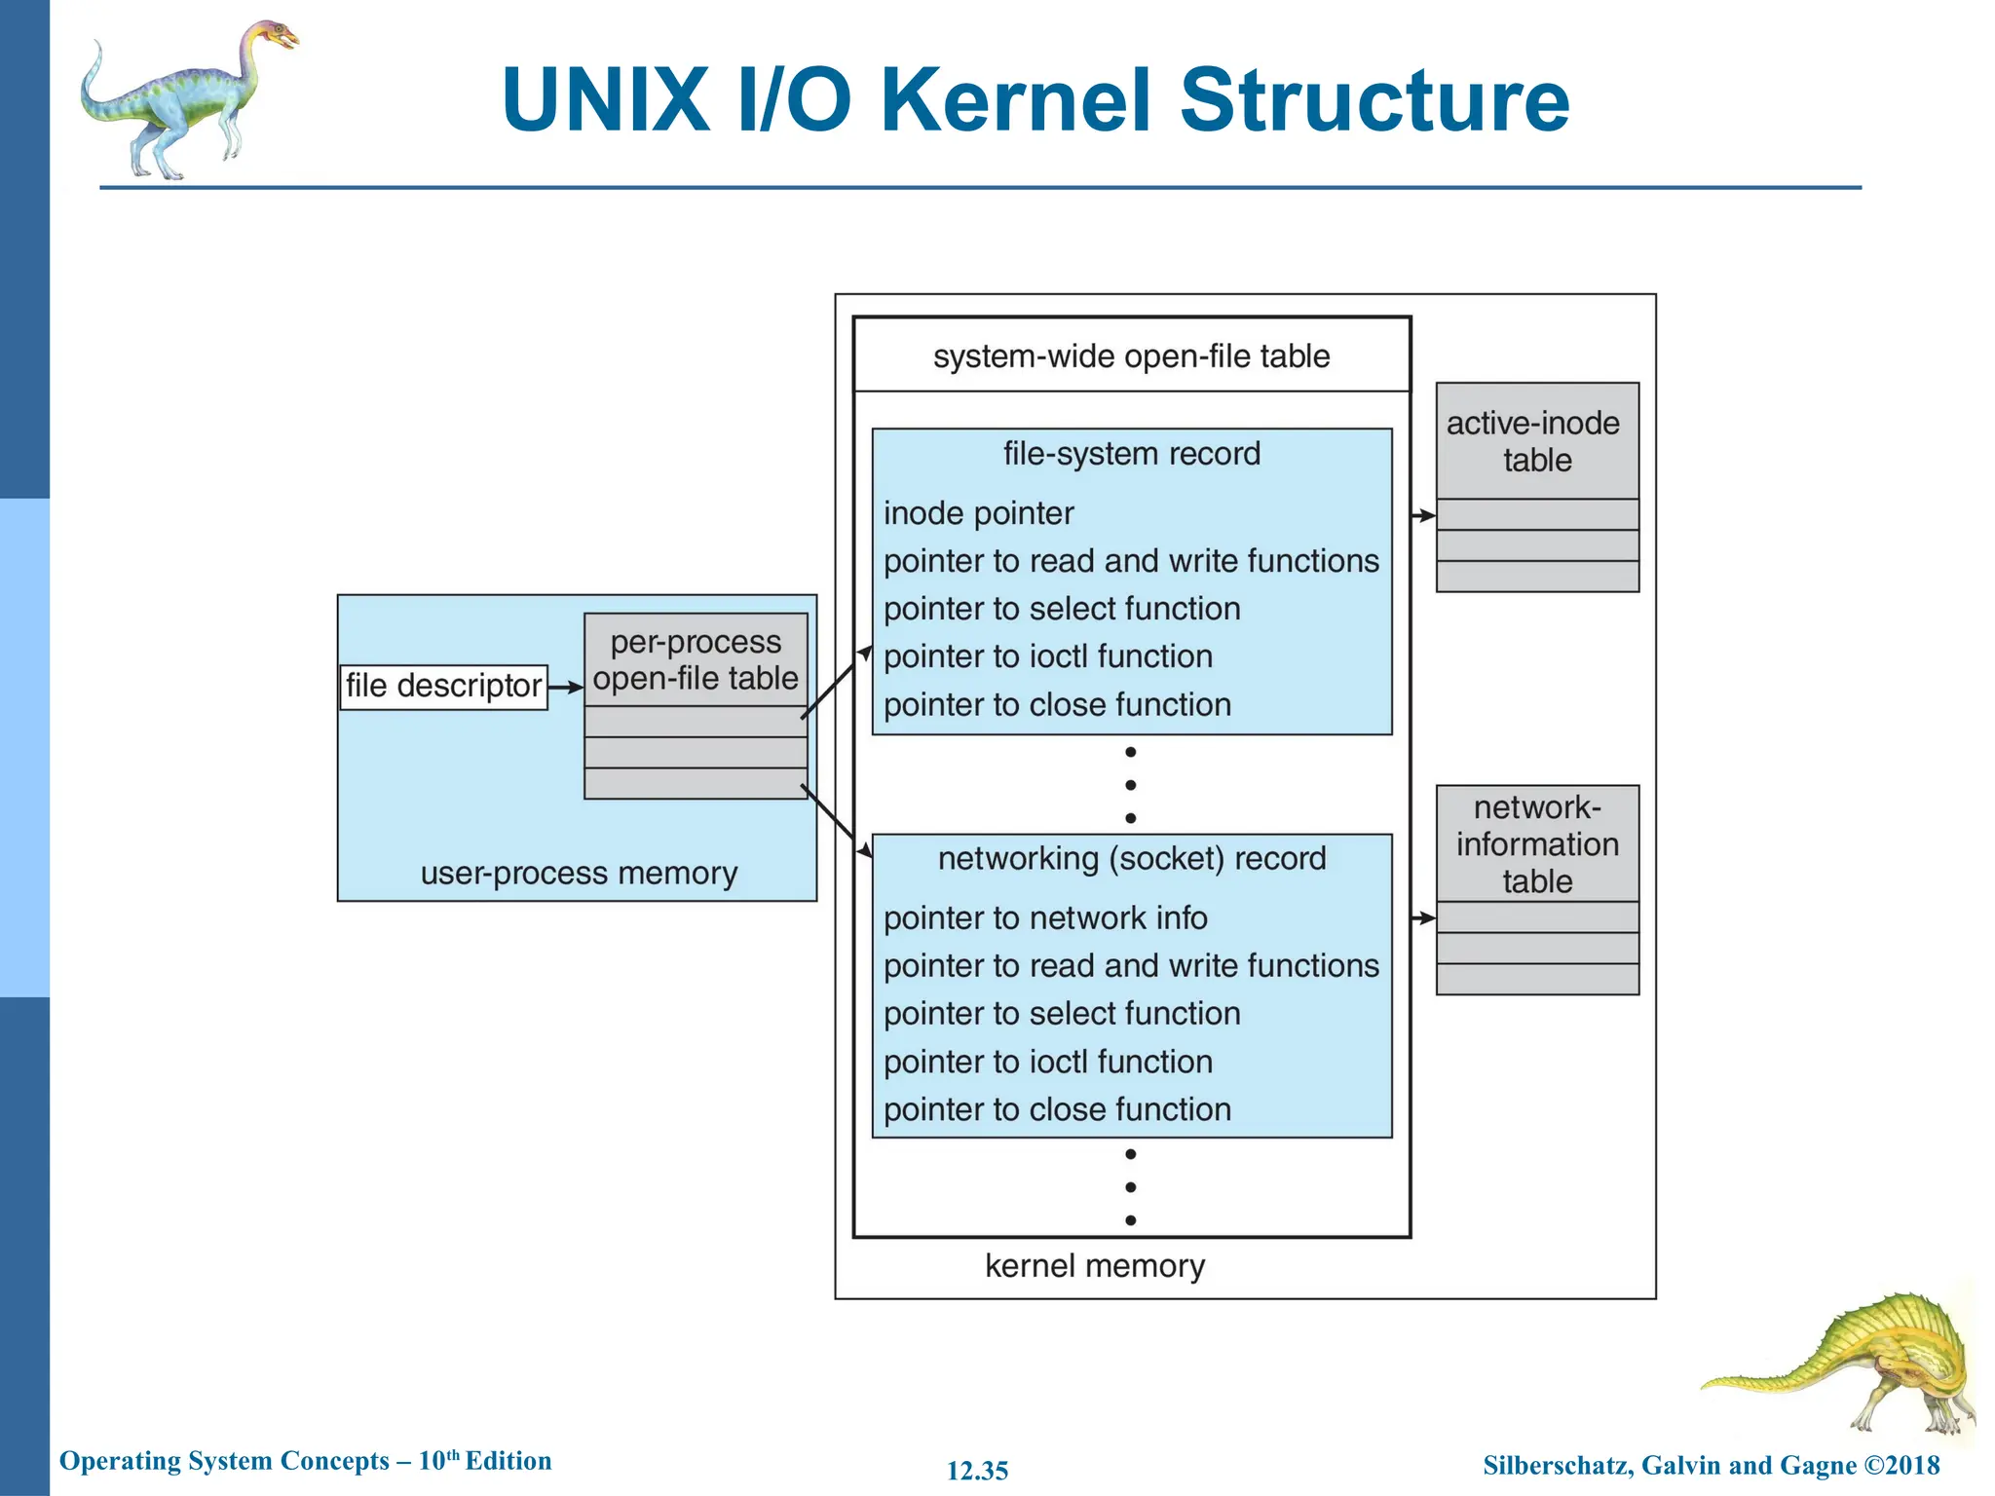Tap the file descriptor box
click(x=443, y=687)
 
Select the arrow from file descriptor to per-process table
click(x=565, y=688)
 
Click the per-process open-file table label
click(x=696, y=660)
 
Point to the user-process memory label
click(x=579, y=873)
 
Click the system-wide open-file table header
click(x=1131, y=356)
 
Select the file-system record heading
click(x=1131, y=454)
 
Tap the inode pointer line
click(x=978, y=513)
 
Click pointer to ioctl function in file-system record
click(x=1047, y=656)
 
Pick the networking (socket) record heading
click(x=1131, y=859)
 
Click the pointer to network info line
click(x=1044, y=918)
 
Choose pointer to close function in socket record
click(x=1057, y=1109)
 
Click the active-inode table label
click(x=1536, y=441)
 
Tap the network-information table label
click(x=1536, y=844)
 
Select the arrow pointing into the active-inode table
click(x=1423, y=515)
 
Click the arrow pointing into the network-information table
click(x=1423, y=917)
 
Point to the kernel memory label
click(x=1094, y=1266)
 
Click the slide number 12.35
click(x=977, y=1471)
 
